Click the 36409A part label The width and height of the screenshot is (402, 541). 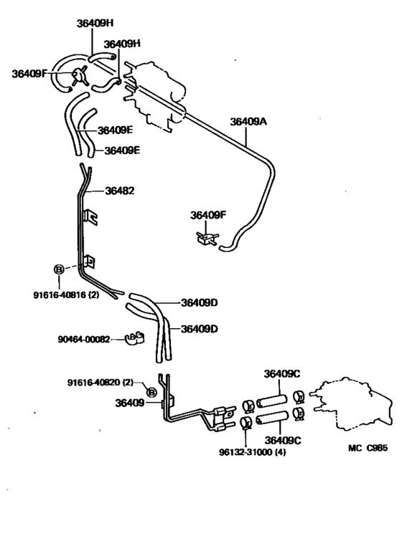point(248,122)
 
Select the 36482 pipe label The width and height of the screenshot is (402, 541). point(120,191)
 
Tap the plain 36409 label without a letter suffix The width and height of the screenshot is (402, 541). point(128,403)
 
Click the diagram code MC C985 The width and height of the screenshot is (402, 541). point(368,449)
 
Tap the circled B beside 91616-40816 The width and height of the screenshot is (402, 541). point(59,269)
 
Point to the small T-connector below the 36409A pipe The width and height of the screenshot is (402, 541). point(206,238)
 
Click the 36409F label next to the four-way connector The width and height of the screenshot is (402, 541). point(29,72)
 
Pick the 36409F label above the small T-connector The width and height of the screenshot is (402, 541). point(208,214)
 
